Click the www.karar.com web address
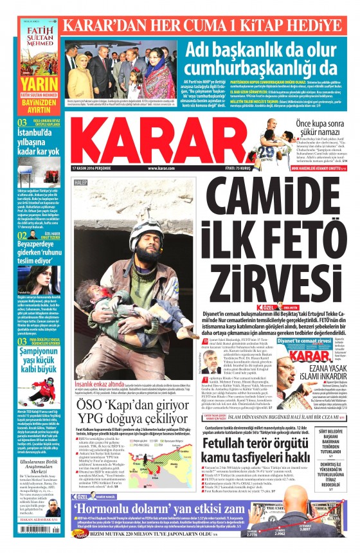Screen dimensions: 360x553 click(161, 168)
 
